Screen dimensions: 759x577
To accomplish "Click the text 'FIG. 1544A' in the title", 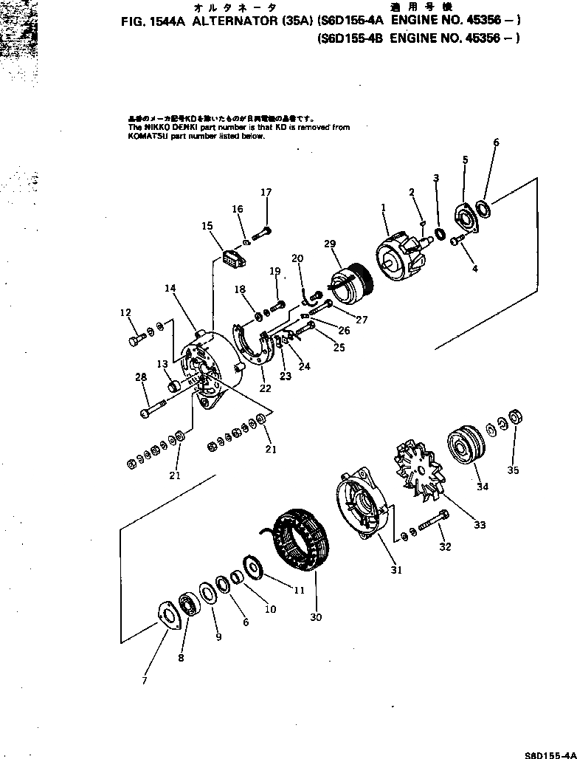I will (x=154, y=22).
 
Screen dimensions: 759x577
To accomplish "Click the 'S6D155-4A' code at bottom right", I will (x=548, y=753).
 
